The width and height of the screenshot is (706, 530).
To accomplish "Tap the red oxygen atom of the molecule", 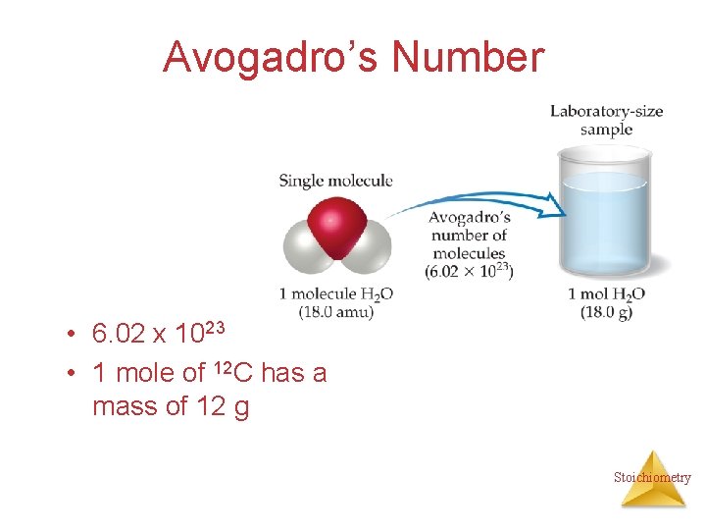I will coord(337,228).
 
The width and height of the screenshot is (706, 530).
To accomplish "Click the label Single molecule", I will coord(335,181).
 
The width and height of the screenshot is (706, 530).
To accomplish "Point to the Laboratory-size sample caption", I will coord(606,120).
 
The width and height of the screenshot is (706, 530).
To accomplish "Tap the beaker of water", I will coord(605,216).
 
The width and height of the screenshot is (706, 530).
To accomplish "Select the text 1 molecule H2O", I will coord(335,293).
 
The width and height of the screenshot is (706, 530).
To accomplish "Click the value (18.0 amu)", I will coord(335,312).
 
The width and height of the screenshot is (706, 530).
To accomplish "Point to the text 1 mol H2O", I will coord(607,293).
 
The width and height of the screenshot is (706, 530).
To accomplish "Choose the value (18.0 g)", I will coord(607,312).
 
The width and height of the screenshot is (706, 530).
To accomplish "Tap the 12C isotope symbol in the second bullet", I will coord(232,372).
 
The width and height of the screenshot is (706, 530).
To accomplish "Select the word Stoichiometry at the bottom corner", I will coord(652,478).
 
